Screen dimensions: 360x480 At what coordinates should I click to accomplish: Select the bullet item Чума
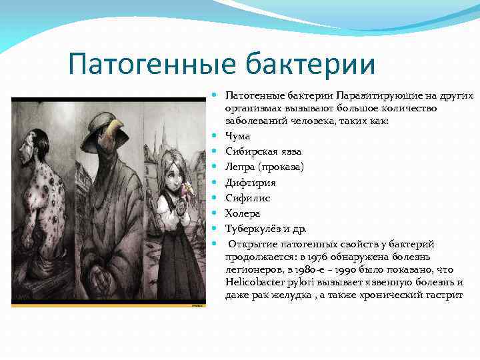237,136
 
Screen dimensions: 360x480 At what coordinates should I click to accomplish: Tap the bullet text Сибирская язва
259,151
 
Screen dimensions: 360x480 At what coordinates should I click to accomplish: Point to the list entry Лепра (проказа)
264,167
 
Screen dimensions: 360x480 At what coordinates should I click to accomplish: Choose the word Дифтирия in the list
251,182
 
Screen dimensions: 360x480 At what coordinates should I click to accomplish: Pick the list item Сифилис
247,197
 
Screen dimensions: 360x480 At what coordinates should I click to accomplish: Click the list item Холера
243,213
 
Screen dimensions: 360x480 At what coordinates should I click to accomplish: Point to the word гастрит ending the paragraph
443,295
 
